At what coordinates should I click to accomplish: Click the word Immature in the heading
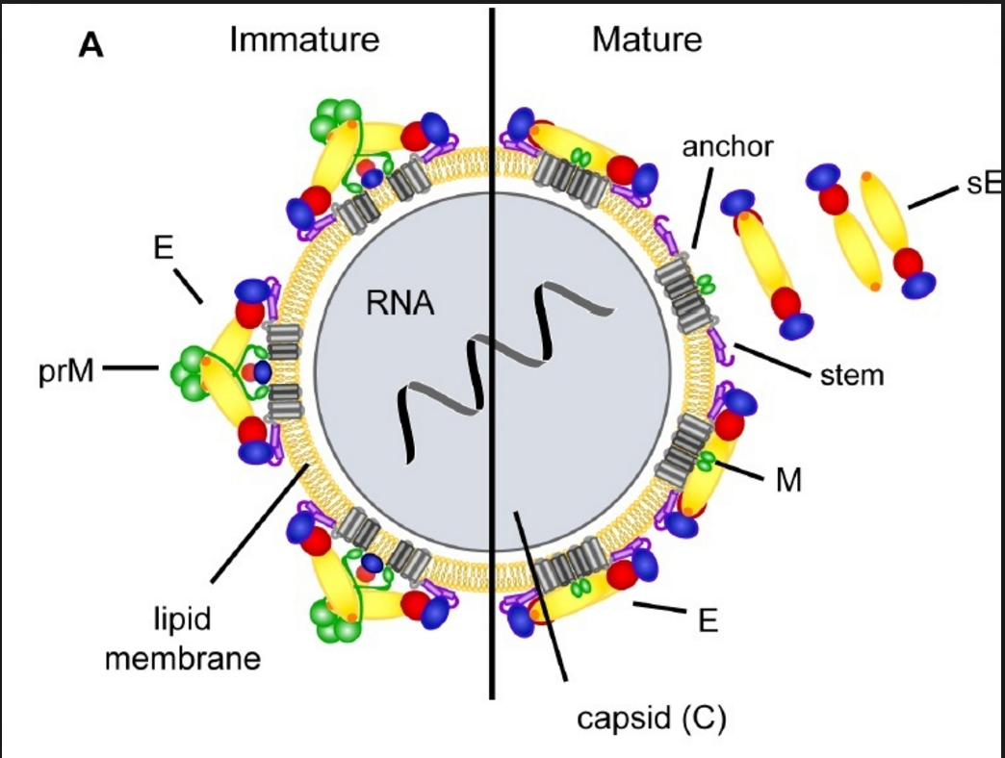(304, 40)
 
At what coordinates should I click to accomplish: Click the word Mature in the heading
(646, 40)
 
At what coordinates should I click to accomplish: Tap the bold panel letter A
(90, 46)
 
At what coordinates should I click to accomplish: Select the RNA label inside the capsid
(400, 305)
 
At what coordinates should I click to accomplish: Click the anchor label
(727, 147)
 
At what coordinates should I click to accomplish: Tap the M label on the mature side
(789, 479)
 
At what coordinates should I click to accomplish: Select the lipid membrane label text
(183, 638)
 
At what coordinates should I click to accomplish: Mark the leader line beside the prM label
(131, 367)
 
